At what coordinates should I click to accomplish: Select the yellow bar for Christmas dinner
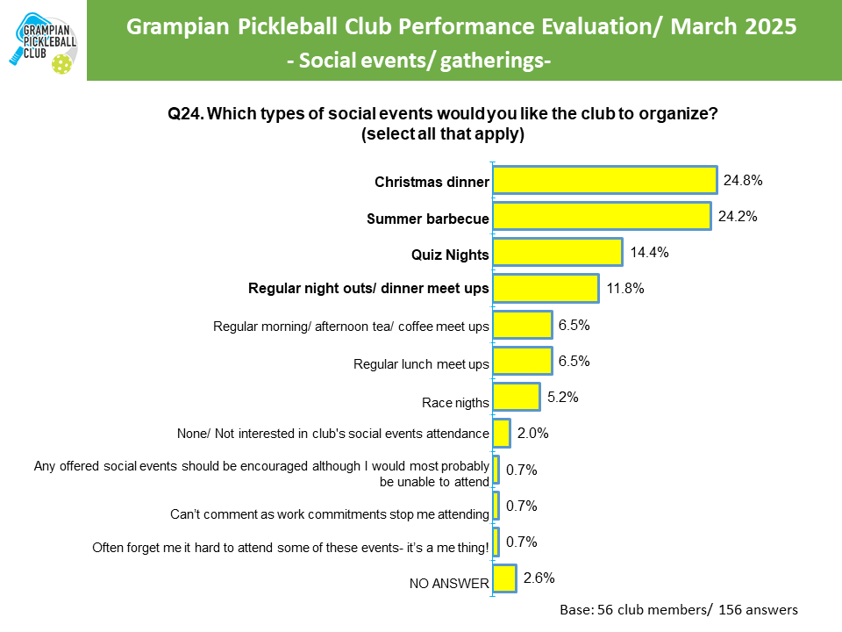pyautogui.click(x=605, y=181)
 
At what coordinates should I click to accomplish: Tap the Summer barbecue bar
pyautogui.click(x=602, y=217)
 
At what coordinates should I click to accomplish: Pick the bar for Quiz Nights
pyautogui.click(x=558, y=253)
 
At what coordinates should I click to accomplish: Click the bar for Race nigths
pyautogui.click(x=517, y=397)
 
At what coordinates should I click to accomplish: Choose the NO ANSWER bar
pyautogui.click(x=504, y=578)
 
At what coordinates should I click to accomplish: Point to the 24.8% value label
pyautogui.click(x=743, y=181)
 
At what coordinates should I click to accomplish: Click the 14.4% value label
pyautogui.click(x=649, y=253)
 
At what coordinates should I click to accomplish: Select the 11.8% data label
pyautogui.click(x=625, y=289)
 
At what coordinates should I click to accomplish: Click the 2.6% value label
pyautogui.click(x=540, y=578)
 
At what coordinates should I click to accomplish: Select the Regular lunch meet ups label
pyautogui.click(x=420, y=363)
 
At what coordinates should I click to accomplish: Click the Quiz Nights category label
pyautogui.click(x=450, y=255)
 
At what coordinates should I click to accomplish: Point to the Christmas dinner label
pyautogui.click(x=431, y=183)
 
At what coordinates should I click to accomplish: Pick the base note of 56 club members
pyautogui.click(x=678, y=609)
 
